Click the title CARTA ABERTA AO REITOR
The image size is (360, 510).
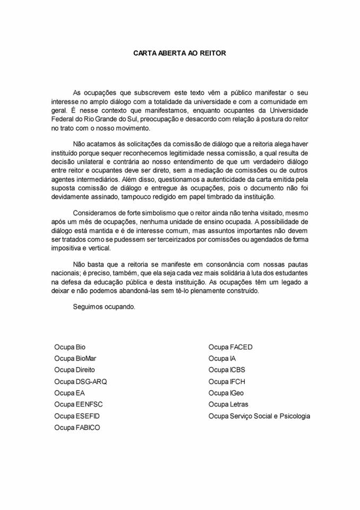tap(179, 53)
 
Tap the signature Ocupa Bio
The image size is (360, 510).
tap(70, 347)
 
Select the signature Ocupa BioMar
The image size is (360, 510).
tap(75, 359)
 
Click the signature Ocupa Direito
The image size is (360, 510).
tap(75, 370)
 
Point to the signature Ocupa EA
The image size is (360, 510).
tap(69, 393)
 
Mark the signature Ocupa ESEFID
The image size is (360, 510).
tap(76, 415)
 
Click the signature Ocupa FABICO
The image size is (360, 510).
tap(77, 427)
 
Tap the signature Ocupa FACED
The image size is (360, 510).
tap(230, 347)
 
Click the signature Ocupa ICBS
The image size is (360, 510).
tap(227, 370)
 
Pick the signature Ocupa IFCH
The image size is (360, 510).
tap(227, 381)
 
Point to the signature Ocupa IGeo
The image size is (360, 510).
tap(227, 393)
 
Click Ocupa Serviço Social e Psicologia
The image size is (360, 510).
tap(259, 415)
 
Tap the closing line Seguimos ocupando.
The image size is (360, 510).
tap(104, 307)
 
